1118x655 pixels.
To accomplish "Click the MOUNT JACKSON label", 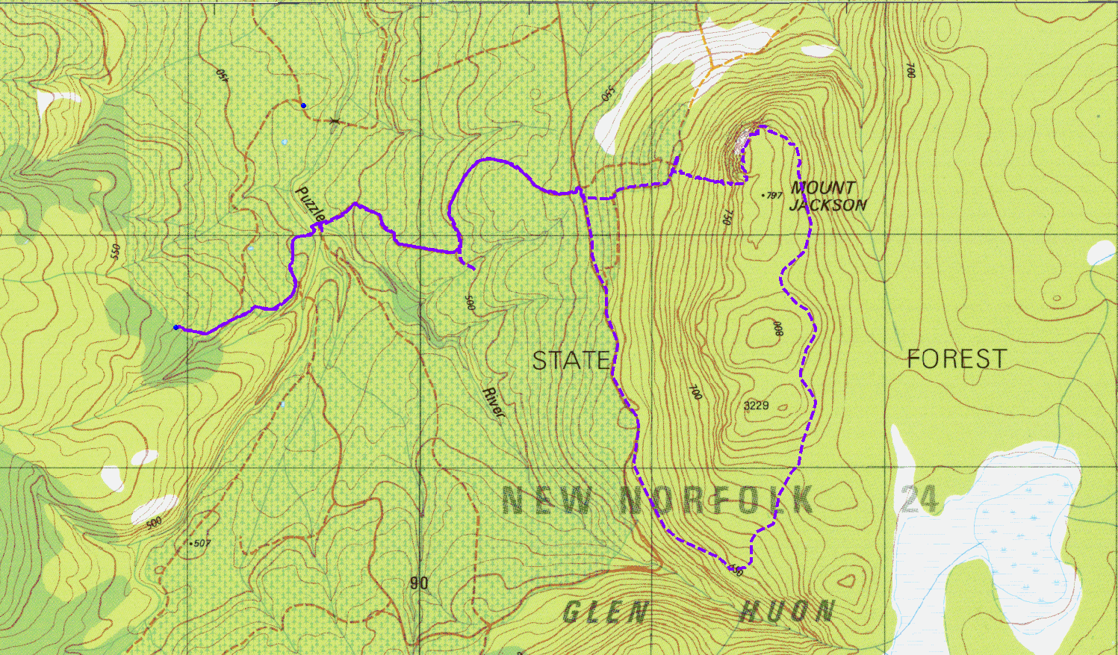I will [x=827, y=196].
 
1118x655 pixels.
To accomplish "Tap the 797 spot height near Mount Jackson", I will [x=772, y=196].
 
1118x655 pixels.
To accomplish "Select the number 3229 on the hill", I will [x=757, y=406].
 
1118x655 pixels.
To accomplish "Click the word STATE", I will [x=571, y=361].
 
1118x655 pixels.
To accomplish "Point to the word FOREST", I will [x=957, y=359].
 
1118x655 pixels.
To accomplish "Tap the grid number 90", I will [x=419, y=583].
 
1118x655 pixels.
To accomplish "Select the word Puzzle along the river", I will [x=311, y=204].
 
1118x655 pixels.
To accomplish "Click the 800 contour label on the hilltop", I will [x=777, y=329].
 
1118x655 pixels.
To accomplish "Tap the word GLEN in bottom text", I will [x=605, y=613].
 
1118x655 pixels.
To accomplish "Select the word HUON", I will [x=786, y=612].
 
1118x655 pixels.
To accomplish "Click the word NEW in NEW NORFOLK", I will [x=547, y=500].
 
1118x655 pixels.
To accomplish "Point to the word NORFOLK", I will [x=717, y=500].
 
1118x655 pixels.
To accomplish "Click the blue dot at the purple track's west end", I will [x=176, y=327].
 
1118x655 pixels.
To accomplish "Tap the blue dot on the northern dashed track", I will [x=303, y=105].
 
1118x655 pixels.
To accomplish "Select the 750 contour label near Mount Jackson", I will [x=725, y=217].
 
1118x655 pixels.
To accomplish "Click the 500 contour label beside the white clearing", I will [x=154, y=523].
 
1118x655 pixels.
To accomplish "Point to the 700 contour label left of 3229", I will [x=695, y=391].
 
